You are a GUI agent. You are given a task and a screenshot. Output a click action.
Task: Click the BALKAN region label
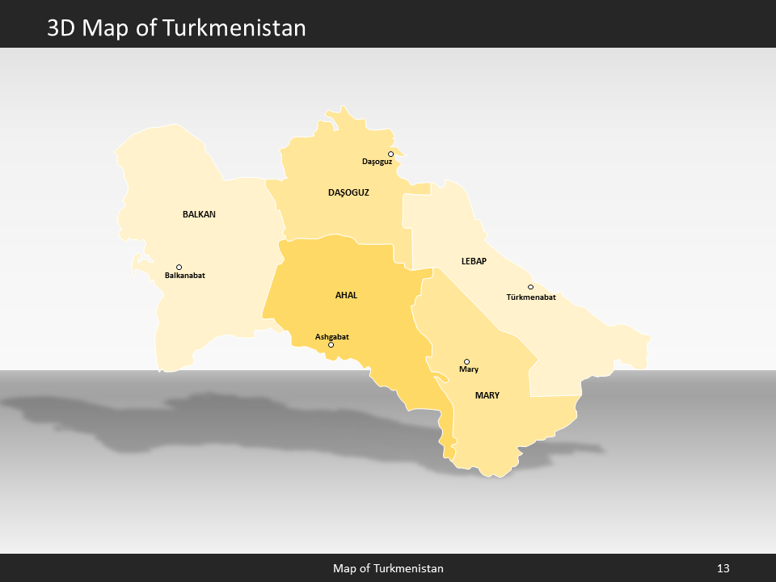pos(199,214)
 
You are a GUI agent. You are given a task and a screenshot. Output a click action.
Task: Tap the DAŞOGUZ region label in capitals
pos(348,192)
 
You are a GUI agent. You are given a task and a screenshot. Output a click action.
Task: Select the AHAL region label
pos(346,295)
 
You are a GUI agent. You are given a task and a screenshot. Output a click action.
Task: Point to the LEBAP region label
pos(474,261)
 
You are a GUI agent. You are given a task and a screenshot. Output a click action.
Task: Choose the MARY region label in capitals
pos(487,395)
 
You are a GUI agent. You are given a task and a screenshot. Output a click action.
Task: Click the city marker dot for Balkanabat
pos(179,267)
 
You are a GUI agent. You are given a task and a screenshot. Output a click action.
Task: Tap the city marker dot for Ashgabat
pos(331,345)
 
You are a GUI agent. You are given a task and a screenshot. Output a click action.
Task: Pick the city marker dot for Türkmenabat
pos(530,287)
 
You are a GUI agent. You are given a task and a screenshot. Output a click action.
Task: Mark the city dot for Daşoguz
pos(390,154)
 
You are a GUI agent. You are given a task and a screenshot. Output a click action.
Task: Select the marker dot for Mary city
pos(466,361)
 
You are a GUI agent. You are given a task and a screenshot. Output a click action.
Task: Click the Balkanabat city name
pos(184,276)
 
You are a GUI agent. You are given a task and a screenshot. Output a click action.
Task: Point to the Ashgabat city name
pos(331,336)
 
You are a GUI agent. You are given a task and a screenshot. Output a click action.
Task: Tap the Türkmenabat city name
pos(531,297)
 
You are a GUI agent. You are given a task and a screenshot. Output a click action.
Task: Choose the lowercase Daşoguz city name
pos(377,162)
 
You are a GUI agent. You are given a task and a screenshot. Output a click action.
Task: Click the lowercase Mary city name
pos(469,369)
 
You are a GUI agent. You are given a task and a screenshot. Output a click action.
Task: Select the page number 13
pos(723,568)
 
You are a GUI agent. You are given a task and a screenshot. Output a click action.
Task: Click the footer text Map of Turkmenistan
pos(388,568)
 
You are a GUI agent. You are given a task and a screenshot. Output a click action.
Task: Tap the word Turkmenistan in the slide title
pos(234,28)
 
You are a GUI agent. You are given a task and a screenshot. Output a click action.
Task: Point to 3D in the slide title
pos(62,28)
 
